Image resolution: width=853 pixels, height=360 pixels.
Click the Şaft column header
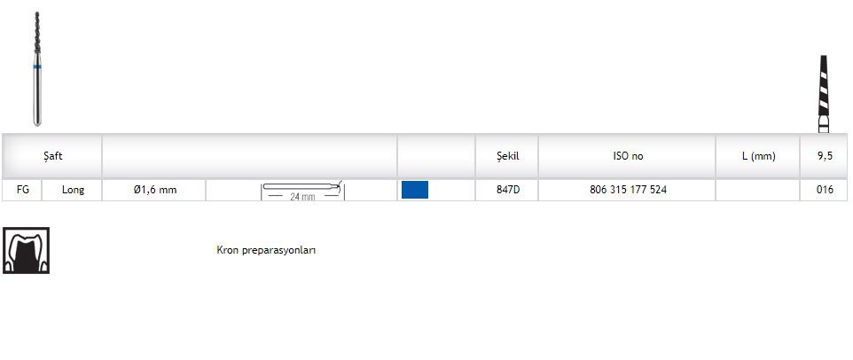[x=53, y=156]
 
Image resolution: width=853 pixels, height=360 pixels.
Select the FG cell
[x=23, y=190]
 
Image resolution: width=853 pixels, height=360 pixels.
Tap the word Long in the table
[x=73, y=190]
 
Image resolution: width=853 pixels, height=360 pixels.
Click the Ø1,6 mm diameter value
[x=155, y=190]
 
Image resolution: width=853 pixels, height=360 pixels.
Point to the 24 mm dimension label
[x=302, y=197]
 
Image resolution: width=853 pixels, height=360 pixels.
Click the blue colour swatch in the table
[x=415, y=190]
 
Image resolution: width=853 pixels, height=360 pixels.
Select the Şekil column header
[x=508, y=156]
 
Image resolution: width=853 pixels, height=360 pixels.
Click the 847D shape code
[x=508, y=190]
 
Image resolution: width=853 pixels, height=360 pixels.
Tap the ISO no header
[x=628, y=156]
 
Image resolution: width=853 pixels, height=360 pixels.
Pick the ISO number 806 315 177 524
[x=628, y=190]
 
